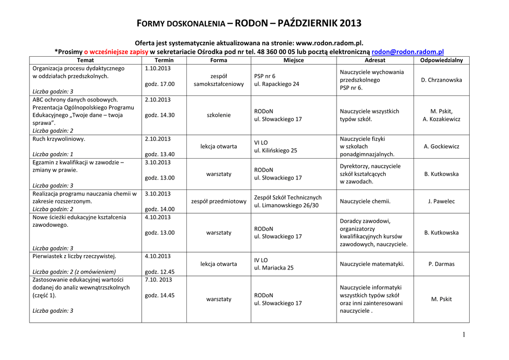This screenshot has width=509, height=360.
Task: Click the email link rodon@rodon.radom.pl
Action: coord(408,51)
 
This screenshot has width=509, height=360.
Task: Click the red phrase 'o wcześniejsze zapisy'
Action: coord(113,51)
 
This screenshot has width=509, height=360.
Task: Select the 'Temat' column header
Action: coord(85,60)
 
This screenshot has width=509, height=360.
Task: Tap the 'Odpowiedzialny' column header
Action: coord(441,60)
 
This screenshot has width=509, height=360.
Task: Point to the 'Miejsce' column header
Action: coord(293,60)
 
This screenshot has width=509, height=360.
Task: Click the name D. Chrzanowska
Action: coord(441,80)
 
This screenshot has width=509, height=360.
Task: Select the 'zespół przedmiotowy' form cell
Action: coord(219,201)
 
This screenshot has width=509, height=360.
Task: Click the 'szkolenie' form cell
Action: coord(219,115)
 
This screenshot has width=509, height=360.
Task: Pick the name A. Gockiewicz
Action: coord(441,147)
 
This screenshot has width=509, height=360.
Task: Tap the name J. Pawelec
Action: coord(441,201)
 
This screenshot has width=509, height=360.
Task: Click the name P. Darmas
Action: coord(441,264)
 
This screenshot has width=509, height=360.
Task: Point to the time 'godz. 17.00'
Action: coord(160,84)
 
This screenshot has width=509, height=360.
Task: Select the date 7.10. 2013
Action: coord(159,279)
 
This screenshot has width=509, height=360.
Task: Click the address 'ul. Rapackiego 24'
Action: coord(276,84)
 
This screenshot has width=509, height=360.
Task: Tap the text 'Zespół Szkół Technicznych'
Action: coord(288,197)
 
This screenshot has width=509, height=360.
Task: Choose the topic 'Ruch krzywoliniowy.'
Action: coord(59,139)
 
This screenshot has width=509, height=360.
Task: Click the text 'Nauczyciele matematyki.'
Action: coord(372,264)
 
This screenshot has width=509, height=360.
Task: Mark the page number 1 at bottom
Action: coord(464,335)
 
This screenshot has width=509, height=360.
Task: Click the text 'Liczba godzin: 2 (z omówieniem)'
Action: coord(74,271)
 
